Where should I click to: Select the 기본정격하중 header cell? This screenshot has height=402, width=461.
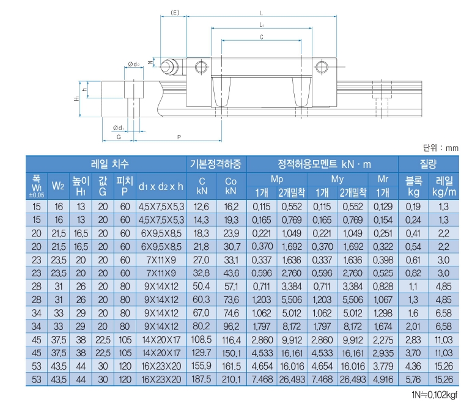(x=216, y=164)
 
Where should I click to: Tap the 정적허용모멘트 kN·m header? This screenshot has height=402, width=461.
(x=324, y=164)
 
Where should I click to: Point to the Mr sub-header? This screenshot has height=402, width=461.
(x=383, y=180)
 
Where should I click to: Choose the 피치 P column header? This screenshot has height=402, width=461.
(x=125, y=185)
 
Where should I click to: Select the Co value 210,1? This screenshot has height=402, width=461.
(x=231, y=379)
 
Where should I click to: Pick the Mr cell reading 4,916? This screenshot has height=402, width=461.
(x=383, y=379)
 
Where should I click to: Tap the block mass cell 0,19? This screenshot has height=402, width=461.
(x=413, y=207)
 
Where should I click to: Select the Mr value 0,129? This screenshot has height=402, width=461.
(x=383, y=207)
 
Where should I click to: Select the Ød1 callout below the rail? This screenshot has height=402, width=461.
(x=119, y=128)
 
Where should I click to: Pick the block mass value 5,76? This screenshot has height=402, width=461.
(x=413, y=379)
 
